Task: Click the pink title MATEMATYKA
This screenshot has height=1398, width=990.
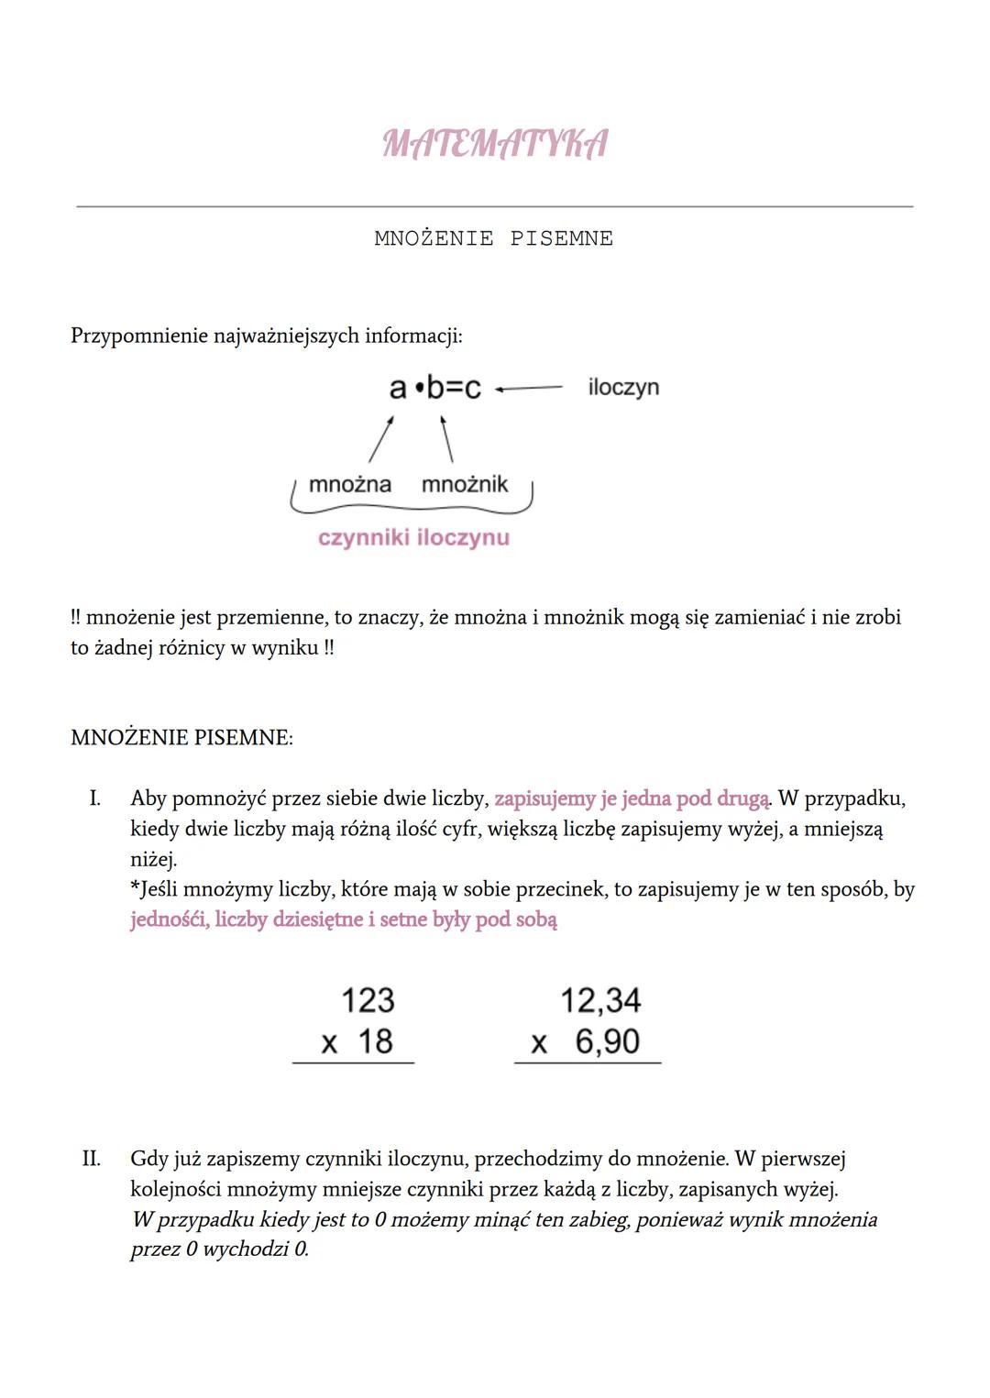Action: click(x=494, y=145)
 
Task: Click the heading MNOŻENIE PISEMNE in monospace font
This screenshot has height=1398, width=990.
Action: click(x=493, y=239)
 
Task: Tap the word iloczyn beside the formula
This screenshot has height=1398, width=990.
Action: click(x=623, y=387)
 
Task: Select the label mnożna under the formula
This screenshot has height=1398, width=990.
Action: click(x=350, y=484)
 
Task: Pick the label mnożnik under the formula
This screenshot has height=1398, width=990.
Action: click(x=464, y=484)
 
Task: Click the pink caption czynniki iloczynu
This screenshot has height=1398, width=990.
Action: click(x=413, y=537)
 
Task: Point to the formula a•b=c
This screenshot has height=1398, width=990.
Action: click(x=434, y=388)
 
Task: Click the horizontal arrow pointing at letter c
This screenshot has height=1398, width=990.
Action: click(x=529, y=388)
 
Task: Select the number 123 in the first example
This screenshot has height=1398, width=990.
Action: click(x=367, y=1000)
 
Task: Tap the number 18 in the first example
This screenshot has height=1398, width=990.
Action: click(x=375, y=1041)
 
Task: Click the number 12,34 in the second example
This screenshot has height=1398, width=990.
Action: click(x=600, y=1000)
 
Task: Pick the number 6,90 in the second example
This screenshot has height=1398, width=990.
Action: click(x=608, y=1041)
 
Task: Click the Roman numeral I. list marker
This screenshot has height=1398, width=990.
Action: click(x=94, y=798)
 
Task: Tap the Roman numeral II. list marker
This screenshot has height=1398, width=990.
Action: click(x=91, y=1159)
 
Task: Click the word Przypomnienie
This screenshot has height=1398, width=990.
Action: click(x=139, y=336)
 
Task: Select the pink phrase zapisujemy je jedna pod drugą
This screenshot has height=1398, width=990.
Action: click(x=632, y=798)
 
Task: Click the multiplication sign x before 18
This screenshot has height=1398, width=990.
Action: click(x=329, y=1043)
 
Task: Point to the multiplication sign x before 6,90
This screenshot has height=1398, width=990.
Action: click(x=539, y=1043)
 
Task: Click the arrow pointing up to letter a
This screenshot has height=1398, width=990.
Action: click(x=381, y=439)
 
